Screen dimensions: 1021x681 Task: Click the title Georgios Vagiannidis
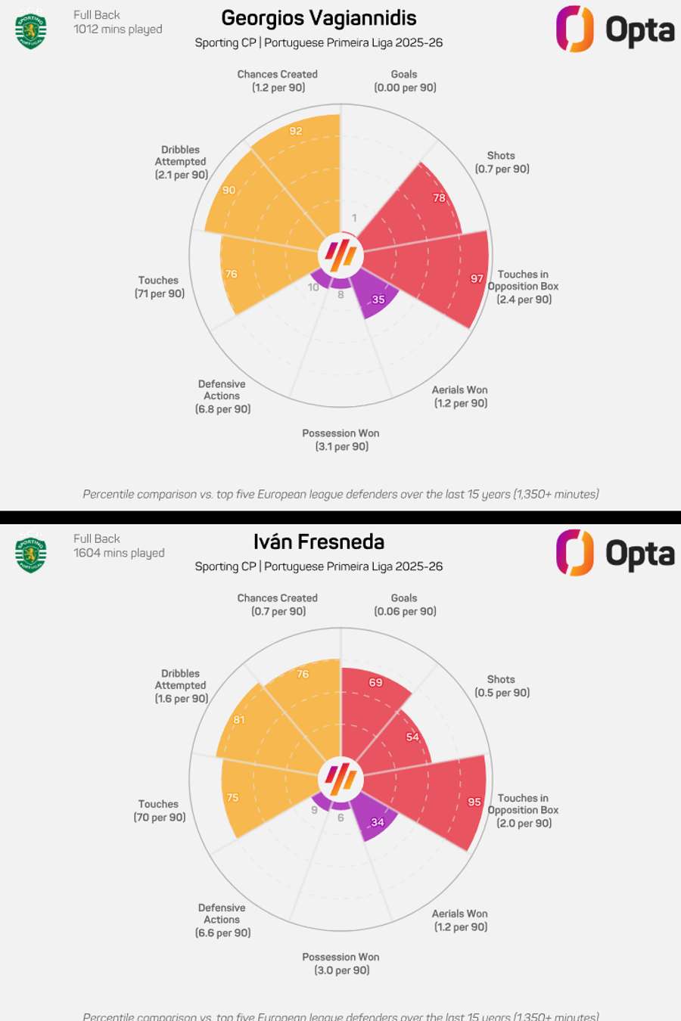319,18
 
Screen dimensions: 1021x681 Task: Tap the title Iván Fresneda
319,542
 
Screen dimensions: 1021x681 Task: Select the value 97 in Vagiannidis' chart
477,279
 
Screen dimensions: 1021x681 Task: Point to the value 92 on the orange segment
296,131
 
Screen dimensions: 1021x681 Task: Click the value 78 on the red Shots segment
439,198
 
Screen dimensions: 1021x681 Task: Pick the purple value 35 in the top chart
378,299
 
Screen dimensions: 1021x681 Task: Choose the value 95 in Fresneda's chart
474,802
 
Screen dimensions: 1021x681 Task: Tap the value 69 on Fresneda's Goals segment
376,682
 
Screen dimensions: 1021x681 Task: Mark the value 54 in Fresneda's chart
412,737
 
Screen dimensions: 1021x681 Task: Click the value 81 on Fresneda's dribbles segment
239,720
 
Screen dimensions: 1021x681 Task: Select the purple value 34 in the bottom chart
378,822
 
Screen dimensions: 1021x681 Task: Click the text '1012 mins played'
118,29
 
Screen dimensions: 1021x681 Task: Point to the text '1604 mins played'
119,553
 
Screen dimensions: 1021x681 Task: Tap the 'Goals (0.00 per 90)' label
405,81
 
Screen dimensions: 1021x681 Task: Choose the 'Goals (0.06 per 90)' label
405,605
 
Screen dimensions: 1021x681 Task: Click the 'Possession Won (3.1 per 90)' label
341,440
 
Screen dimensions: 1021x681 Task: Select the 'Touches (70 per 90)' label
159,811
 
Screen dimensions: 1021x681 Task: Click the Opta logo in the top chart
614,29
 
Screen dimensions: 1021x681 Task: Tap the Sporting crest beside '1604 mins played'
31,554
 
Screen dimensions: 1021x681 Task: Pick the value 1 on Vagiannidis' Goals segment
354,218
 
